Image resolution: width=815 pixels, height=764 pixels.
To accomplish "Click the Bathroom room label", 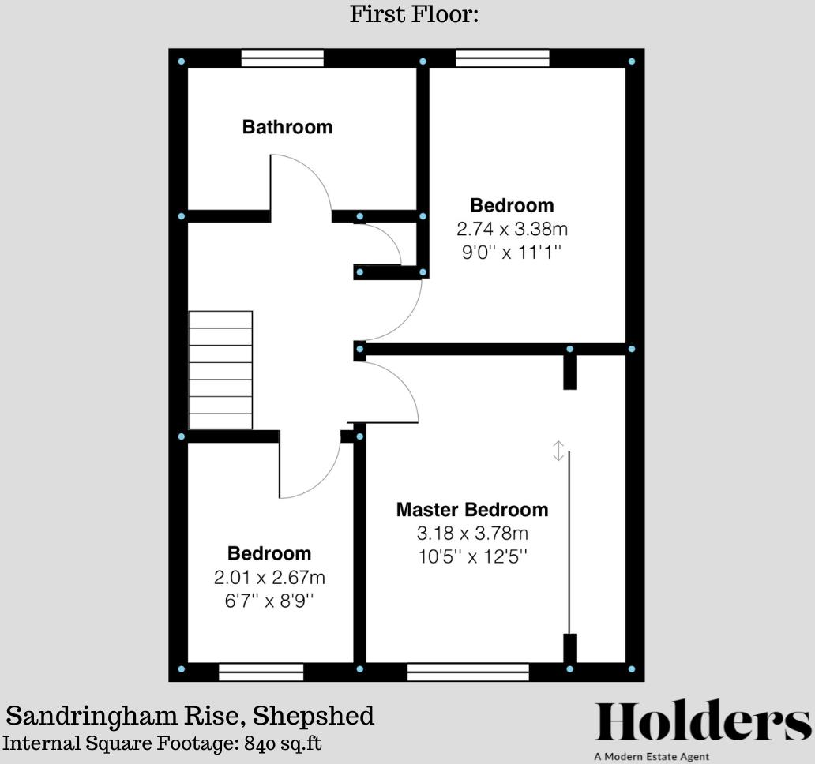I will coord(287,127).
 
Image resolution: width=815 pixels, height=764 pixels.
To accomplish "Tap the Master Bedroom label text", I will coord(471,510).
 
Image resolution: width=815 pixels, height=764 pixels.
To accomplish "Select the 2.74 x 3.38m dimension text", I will coord(512,230).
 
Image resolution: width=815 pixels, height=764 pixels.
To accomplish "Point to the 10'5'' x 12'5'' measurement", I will coord(472,556).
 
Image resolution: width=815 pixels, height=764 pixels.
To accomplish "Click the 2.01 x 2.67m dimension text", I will coord(269,578).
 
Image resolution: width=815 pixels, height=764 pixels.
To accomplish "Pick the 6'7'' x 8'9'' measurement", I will coord(269,600).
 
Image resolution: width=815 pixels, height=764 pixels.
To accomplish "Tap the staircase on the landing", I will coord(220,370).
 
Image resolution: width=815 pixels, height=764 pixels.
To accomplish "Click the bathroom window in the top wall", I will coord(283,58).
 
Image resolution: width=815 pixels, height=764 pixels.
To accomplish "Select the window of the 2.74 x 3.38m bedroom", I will coord(502,58).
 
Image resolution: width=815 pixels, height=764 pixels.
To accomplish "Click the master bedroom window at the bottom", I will coord(468,672).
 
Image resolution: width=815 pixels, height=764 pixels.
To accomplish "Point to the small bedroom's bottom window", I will coord(261,672).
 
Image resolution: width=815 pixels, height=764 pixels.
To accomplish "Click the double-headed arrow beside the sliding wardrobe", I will coord(558,451).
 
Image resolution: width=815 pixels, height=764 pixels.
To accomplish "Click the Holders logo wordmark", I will coord(702,722).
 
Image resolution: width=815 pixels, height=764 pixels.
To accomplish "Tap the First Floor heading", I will coord(414,14).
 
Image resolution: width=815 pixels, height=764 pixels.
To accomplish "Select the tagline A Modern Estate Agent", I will coord(652,757).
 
